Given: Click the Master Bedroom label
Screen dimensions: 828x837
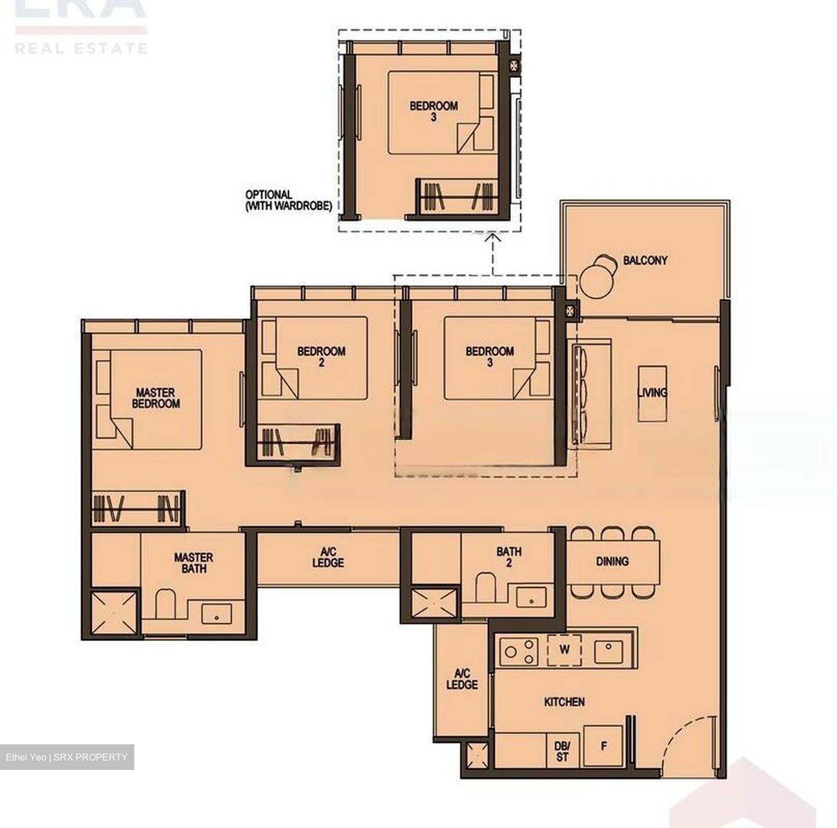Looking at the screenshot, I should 155,398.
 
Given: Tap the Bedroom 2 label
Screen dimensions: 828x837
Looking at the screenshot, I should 321,356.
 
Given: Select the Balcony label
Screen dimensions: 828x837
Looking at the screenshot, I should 645,260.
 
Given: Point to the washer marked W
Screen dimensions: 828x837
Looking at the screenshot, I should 564,649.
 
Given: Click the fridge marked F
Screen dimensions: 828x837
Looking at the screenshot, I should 603,746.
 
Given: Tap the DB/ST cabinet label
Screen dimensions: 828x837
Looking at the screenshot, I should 562,751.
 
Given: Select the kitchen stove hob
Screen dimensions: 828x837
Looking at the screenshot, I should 520,649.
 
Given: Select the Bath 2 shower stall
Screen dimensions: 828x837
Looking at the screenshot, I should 435,605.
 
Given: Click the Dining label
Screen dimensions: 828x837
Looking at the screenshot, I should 612,561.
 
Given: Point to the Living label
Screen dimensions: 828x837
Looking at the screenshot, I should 652,393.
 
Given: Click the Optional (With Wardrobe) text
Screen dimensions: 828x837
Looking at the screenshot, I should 288,200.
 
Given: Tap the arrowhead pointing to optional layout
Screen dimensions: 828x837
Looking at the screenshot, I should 493,236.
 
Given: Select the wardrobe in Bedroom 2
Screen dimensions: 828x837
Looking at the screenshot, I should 298,441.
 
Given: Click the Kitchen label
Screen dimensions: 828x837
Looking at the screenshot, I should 564,702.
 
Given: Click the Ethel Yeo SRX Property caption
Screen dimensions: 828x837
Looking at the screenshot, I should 67,757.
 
